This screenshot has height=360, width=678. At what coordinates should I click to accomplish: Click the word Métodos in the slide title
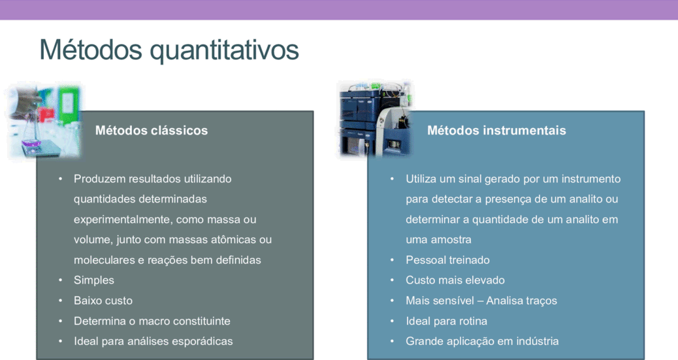[91, 49]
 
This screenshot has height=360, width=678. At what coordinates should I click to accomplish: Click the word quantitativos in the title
[224, 51]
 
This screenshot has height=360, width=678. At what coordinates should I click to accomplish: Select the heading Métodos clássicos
[152, 130]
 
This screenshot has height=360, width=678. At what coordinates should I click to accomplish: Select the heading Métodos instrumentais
[496, 130]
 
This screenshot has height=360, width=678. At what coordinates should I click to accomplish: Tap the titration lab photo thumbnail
[44, 121]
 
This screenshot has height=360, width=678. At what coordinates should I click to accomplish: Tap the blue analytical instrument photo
[376, 118]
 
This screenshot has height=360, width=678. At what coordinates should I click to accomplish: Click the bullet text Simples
[94, 280]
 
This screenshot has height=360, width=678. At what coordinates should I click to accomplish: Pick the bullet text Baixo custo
[103, 301]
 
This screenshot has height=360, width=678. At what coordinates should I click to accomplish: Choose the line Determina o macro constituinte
[152, 321]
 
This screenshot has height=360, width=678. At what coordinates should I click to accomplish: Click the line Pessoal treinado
[447, 260]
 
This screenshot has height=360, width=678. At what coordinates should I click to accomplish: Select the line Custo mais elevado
[455, 280]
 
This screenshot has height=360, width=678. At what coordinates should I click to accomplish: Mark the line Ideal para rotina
[446, 321]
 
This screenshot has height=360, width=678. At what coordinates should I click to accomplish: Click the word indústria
[537, 342]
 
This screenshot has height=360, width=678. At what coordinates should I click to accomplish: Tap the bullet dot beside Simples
[61, 280]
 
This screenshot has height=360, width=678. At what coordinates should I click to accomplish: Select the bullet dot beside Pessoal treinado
[392, 260]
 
